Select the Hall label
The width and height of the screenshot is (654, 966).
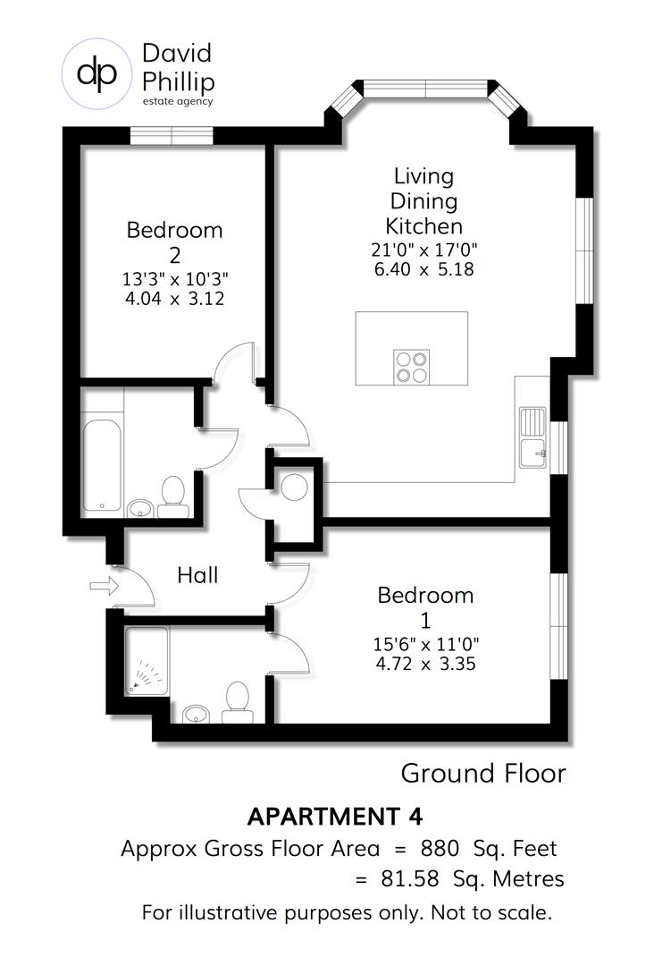(x=197, y=575)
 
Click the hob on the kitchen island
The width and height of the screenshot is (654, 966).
(x=411, y=367)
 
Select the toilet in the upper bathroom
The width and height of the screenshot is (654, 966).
(x=172, y=497)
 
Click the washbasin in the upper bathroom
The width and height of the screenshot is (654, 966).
(x=139, y=509)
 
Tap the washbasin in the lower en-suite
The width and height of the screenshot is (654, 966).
(x=197, y=713)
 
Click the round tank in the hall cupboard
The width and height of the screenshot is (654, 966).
(x=294, y=487)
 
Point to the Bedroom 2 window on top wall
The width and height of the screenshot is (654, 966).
(x=172, y=135)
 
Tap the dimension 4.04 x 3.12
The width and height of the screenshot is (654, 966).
(x=174, y=298)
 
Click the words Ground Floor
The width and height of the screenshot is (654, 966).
(x=482, y=773)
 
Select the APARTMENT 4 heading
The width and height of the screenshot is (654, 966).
(x=334, y=817)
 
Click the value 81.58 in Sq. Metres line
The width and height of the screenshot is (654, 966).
(x=409, y=879)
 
